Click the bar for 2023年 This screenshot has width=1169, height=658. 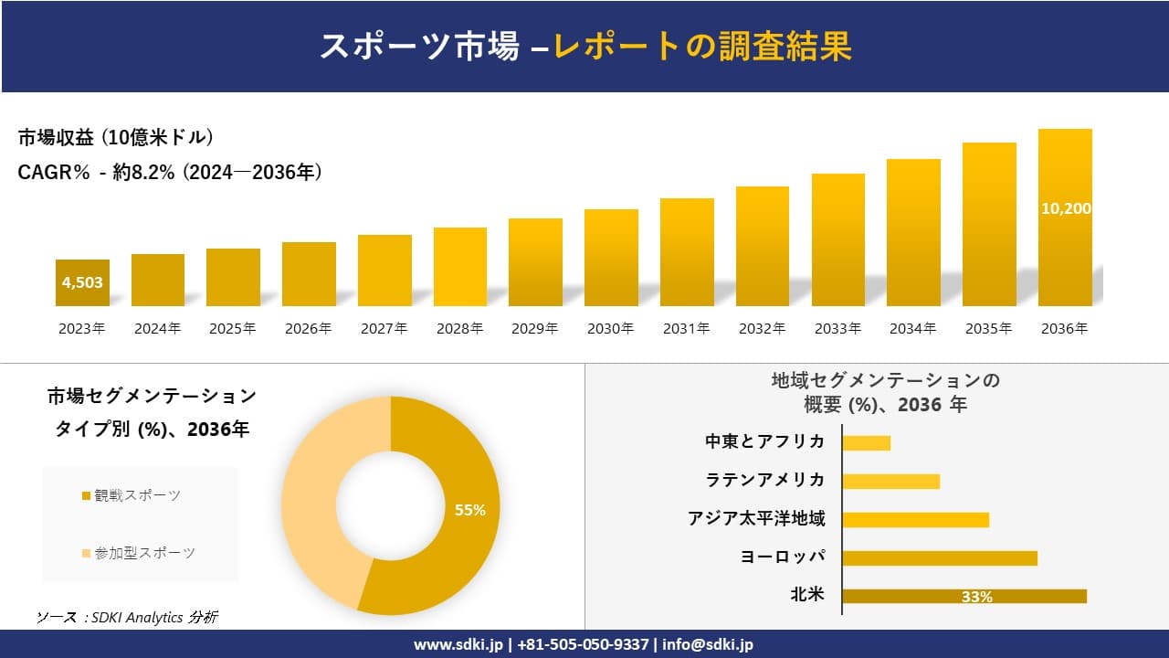tap(82, 282)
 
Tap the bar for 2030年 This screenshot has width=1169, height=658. tap(611, 258)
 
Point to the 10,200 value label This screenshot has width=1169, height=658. tap(1065, 208)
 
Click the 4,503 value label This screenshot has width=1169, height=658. tap(82, 282)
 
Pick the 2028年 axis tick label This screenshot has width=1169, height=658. tap(459, 329)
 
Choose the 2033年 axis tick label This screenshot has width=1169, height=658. tap(837, 329)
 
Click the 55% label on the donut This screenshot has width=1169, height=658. tap(470, 510)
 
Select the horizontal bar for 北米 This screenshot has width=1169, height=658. tap(964, 596)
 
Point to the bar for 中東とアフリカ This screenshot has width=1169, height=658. tap(866, 442)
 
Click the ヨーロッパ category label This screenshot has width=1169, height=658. tap(783, 557)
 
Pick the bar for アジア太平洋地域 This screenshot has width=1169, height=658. tap(915, 519)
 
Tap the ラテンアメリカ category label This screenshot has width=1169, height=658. tap(765, 480)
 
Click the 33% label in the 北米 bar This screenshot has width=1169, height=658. tap(976, 597)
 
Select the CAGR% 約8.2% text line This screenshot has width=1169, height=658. tap(170, 172)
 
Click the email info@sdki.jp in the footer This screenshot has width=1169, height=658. tap(708, 644)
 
